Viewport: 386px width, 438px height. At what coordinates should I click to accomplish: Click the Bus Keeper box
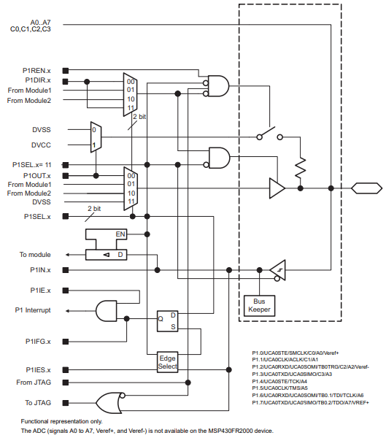tap(259, 306)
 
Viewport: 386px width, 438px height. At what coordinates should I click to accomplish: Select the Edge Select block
tap(167, 362)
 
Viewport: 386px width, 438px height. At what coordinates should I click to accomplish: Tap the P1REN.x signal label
tap(36, 71)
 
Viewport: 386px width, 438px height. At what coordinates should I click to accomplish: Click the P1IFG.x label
tap(38, 342)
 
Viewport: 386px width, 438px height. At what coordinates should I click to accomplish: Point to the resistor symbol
tap(300, 168)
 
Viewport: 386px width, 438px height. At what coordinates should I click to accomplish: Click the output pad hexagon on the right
tap(366, 188)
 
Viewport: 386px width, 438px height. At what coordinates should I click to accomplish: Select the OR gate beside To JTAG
tap(109, 403)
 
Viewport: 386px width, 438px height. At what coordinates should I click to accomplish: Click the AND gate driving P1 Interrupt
tap(106, 311)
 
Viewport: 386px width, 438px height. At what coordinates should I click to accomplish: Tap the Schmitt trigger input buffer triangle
tap(279, 270)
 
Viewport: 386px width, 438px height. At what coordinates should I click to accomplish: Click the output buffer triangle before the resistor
tap(277, 188)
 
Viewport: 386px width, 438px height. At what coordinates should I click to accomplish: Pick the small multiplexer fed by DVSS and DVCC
tap(96, 137)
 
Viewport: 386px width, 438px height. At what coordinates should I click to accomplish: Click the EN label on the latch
tap(120, 234)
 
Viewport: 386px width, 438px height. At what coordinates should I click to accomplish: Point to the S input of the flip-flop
tap(173, 326)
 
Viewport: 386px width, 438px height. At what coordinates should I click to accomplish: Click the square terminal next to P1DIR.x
tap(66, 82)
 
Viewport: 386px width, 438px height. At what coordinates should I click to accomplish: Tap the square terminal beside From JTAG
tap(66, 383)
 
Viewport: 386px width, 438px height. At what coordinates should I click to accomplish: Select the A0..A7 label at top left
tap(41, 23)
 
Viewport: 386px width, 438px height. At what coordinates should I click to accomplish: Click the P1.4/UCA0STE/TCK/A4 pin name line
tap(279, 381)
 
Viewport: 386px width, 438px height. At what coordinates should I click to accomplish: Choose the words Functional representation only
tap(62, 421)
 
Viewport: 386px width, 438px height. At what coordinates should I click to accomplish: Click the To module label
tap(35, 255)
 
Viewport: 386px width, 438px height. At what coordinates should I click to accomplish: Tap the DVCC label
tap(41, 145)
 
